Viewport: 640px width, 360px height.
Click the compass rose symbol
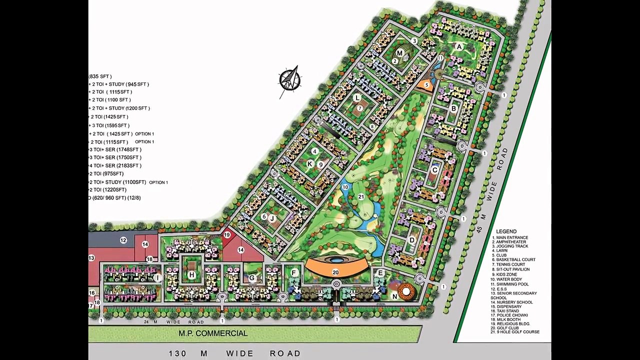290,80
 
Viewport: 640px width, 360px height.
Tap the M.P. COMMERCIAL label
213,333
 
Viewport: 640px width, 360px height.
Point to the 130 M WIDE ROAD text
234,353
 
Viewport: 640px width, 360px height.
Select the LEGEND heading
506,231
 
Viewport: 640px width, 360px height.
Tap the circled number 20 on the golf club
335,272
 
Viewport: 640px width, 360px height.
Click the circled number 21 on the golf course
361,197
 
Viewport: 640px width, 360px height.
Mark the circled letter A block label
459,47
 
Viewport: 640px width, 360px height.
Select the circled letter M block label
399,53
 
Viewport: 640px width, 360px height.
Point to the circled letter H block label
191,275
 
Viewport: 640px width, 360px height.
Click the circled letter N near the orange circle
394,296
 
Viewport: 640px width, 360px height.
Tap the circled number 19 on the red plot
227,235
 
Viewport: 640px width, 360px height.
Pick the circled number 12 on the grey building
123,240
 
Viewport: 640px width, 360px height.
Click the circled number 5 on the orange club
426,85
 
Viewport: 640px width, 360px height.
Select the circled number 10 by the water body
345,187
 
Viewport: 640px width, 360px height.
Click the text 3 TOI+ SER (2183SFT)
115,165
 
